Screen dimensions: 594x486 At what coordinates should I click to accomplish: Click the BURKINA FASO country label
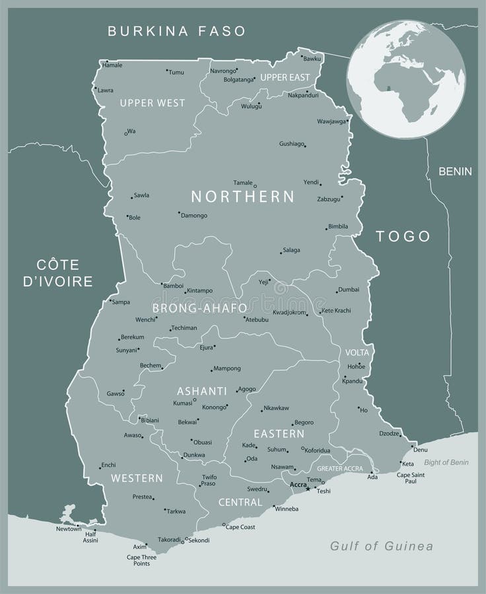click(x=176, y=30)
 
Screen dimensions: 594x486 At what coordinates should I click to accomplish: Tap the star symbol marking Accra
click(x=308, y=488)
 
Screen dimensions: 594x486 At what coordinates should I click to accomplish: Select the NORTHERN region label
click(x=242, y=196)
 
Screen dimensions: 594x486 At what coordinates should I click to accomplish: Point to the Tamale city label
click(x=243, y=182)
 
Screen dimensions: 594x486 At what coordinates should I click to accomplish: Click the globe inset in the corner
click(x=407, y=79)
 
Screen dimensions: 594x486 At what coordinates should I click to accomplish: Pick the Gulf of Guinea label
click(x=382, y=546)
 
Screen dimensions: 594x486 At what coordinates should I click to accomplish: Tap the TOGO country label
click(x=403, y=236)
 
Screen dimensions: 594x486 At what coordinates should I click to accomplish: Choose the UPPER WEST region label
click(x=152, y=103)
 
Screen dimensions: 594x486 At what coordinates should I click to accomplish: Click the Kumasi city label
click(x=182, y=403)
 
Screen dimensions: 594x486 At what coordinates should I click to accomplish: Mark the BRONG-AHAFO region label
click(x=199, y=308)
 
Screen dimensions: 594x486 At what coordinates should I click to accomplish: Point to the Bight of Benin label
click(x=446, y=462)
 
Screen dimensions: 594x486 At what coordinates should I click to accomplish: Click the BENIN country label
click(x=456, y=172)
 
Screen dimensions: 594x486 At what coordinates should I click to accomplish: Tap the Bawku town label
click(x=312, y=59)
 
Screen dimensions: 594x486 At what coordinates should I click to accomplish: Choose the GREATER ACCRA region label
click(x=339, y=469)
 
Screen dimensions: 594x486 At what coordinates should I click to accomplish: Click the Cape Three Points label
click(x=141, y=560)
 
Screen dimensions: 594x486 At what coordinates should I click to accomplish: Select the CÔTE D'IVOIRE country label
click(x=58, y=273)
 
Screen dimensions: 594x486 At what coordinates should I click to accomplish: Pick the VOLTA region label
click(x=357, y=352)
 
